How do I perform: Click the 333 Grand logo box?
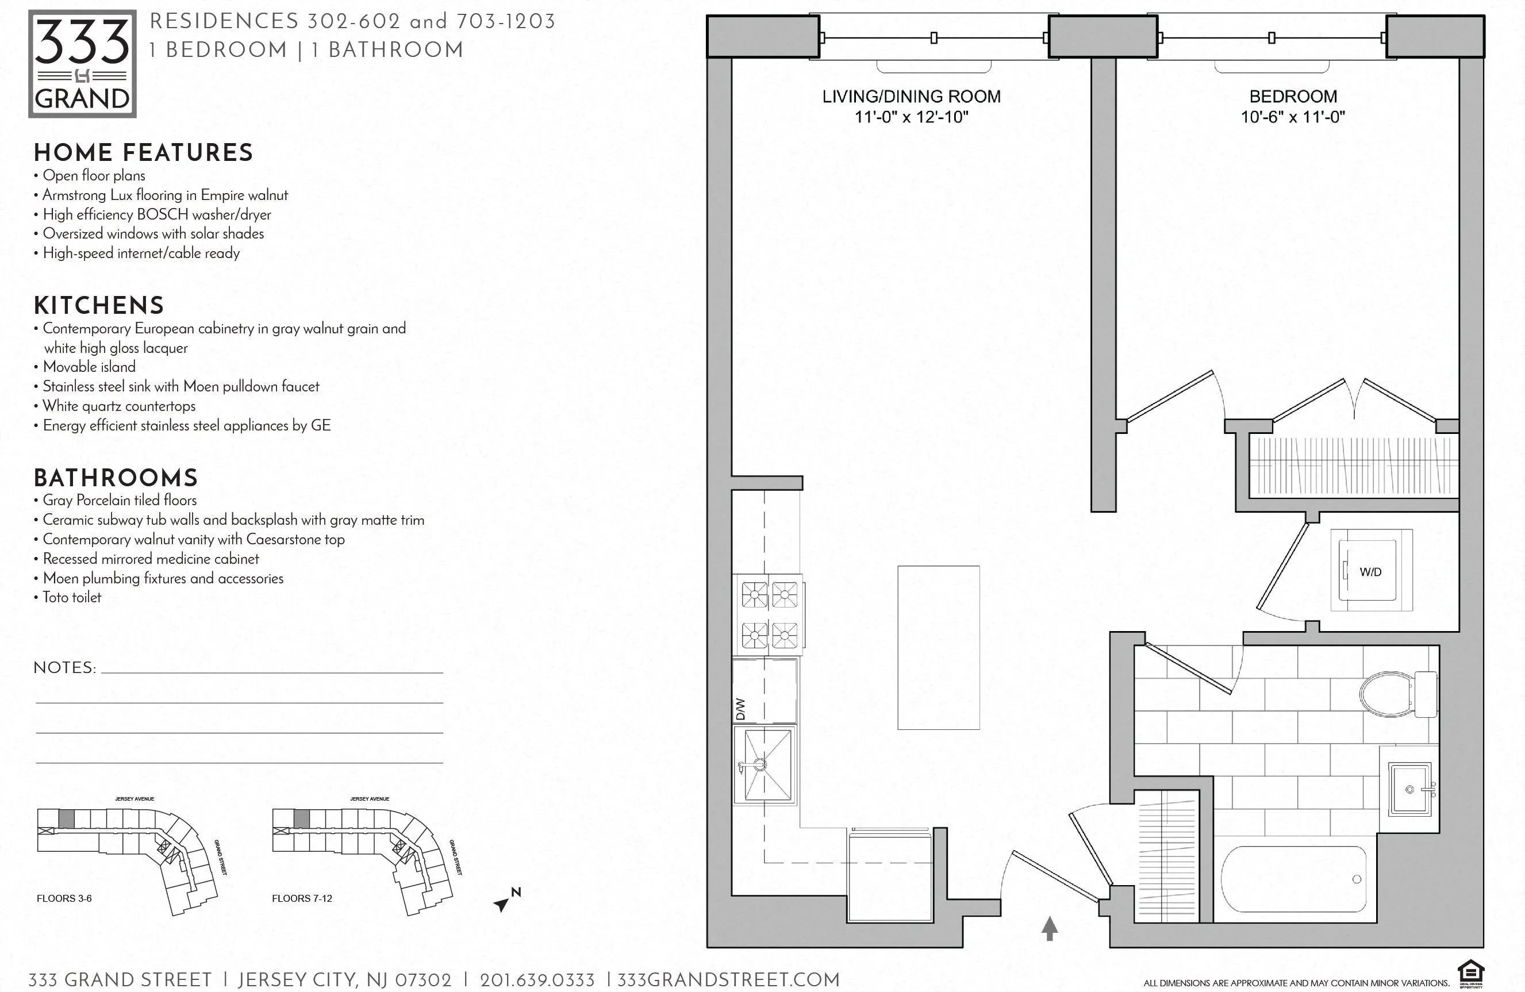[x=82, y=63]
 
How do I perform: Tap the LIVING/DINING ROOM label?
[x=911, y=96]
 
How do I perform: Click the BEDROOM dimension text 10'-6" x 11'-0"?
[x=1292, y=117]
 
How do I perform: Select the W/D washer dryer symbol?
[x=1370, y=570]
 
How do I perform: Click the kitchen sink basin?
[x=764, y=764]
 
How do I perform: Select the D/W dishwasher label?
[x=741, y=709]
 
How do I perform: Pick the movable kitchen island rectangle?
[x=938, y=647]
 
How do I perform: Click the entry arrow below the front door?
[x=1049, y=928]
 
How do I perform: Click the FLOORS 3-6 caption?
[x=64, y=898]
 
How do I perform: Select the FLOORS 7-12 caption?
[x=302, y=898]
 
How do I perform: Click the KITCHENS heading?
[x=99, y=306]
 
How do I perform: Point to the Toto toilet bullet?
[x=72, y=597]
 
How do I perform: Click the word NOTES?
[x=64, y=668]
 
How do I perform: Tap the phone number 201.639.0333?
[x=537, y=981]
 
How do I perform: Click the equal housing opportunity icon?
[x=1470, y=974]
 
